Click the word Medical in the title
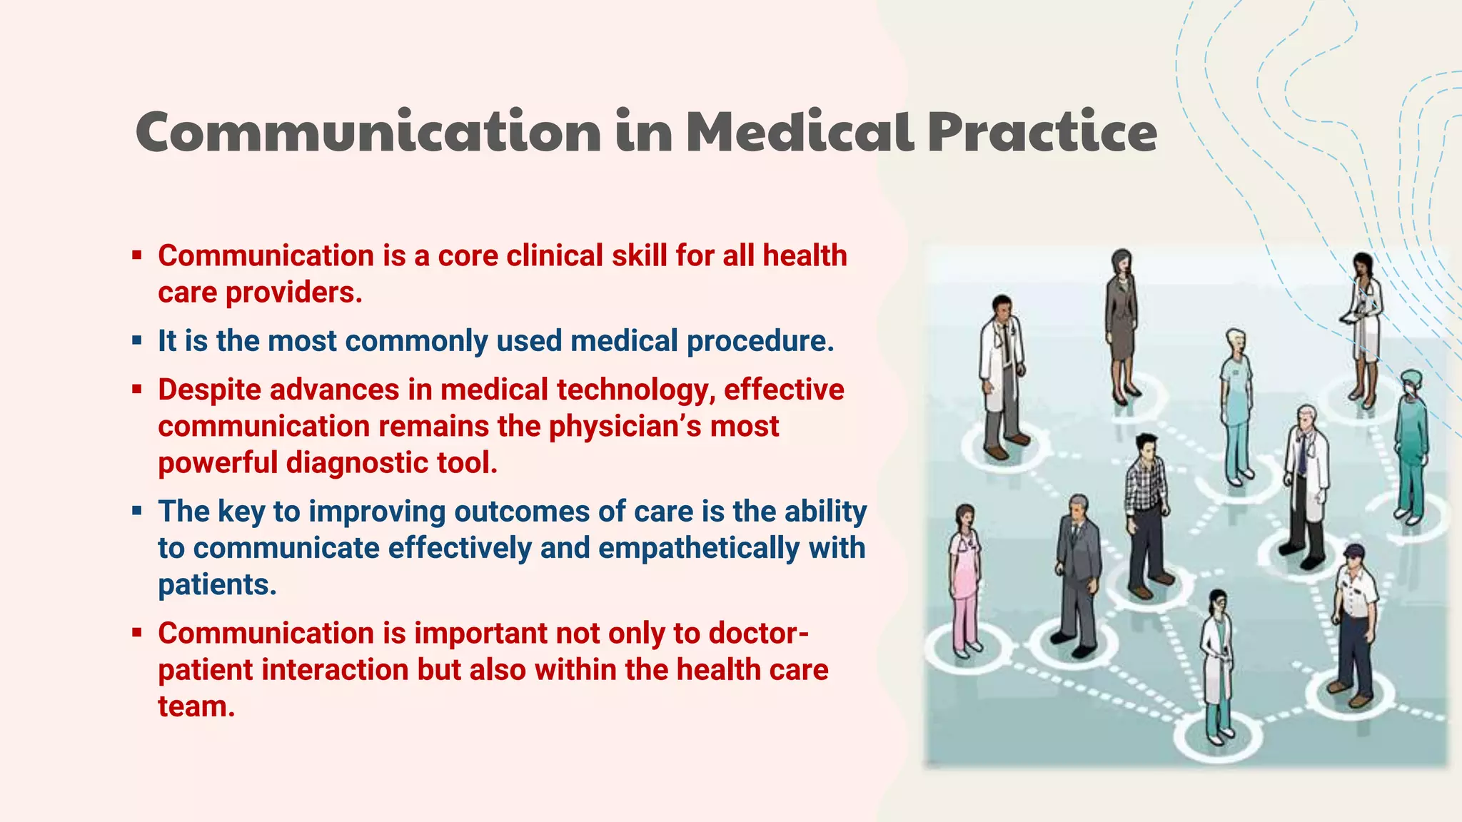tap(800, 133)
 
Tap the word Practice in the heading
tap(1042, 133)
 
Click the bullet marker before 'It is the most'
tap(137, 341)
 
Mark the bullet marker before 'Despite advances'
tap(137, 390)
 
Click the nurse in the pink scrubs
tap(964, 578)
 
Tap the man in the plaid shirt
tap(1146, 514)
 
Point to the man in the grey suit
tap(1077, 571)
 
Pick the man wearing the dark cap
tap(1354, 621)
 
